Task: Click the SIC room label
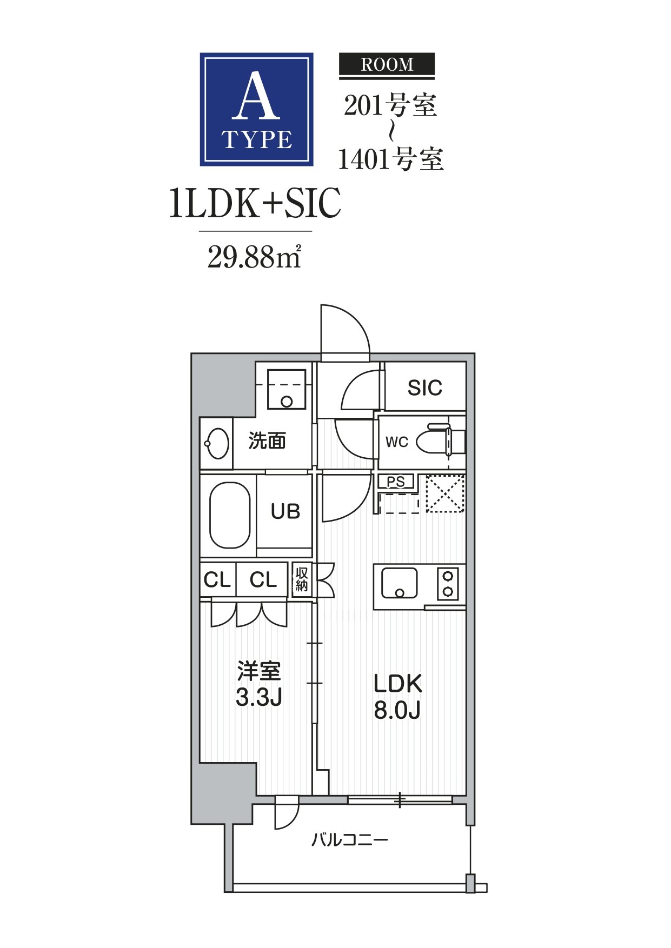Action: click(424, 388)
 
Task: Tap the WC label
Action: click(397, 442)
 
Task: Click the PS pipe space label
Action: click(396, 482)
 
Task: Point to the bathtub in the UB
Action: click(230, 515)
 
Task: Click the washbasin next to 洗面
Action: click(217, 444)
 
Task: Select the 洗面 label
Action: click(267, 441)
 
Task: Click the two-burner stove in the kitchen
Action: click(448, 584)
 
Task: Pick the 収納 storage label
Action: click(302, 579)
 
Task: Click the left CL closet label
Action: click(217, 580)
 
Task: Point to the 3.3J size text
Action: click(259, 697)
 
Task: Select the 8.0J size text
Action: click(397, 710)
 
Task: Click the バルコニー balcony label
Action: click(350, 840)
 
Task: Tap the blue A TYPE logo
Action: click(257, 109)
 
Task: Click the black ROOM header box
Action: click(387, 65)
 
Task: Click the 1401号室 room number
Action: click(391, 159)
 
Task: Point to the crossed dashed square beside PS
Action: click(445, 493)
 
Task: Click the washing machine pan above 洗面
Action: click(287, 389)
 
